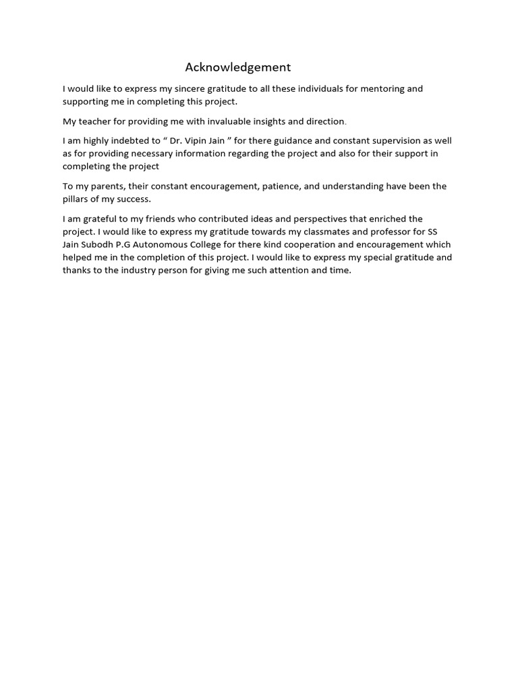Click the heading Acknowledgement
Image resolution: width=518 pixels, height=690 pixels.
click(238, 67)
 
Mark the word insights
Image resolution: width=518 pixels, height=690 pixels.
click(268, 121)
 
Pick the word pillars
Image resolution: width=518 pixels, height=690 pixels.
click(78, 199)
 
